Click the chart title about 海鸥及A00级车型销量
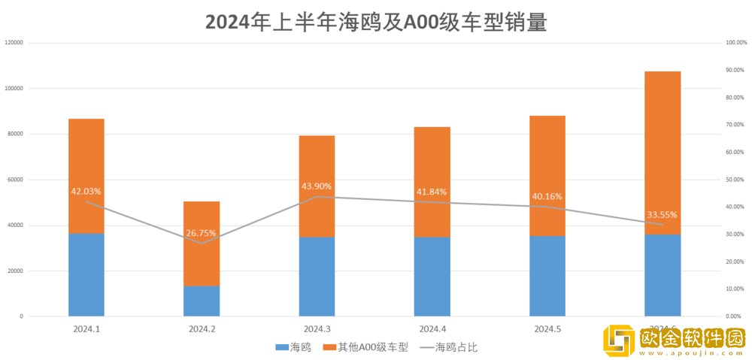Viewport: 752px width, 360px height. coord(375,22)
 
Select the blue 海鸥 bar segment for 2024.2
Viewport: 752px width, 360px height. coord(202,301)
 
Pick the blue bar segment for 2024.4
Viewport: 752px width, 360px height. coord(432,276)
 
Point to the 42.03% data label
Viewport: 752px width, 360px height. coord(86,192)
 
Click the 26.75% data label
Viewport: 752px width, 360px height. coord(202,233)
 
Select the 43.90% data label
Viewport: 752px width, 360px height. coord(317,186)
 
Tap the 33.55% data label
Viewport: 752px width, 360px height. coord(663,214)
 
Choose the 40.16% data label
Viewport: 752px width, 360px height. coord(547,196)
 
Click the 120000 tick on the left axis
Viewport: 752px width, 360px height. coord(14,43)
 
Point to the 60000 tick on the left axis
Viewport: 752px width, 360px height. coord(16,180)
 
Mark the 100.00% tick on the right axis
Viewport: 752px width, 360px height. coord(735,43)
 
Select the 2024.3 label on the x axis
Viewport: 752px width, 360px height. coord(317,329)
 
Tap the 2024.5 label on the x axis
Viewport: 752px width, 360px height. coord(547,329)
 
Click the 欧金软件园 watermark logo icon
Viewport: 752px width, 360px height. coord(620,340)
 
